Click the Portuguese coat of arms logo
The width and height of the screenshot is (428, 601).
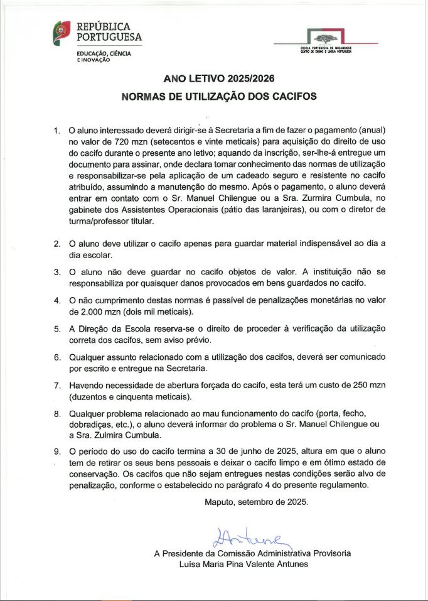click(x=62, y=33)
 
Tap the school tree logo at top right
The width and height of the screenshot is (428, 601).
click(x=326, y=36)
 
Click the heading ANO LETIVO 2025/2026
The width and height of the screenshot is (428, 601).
click(x=219, y=79)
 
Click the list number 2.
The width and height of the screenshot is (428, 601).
click(x=56, y=244)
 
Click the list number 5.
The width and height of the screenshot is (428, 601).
click(x=56, y=329)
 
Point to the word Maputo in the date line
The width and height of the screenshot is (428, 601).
click(x=220, y=502)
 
